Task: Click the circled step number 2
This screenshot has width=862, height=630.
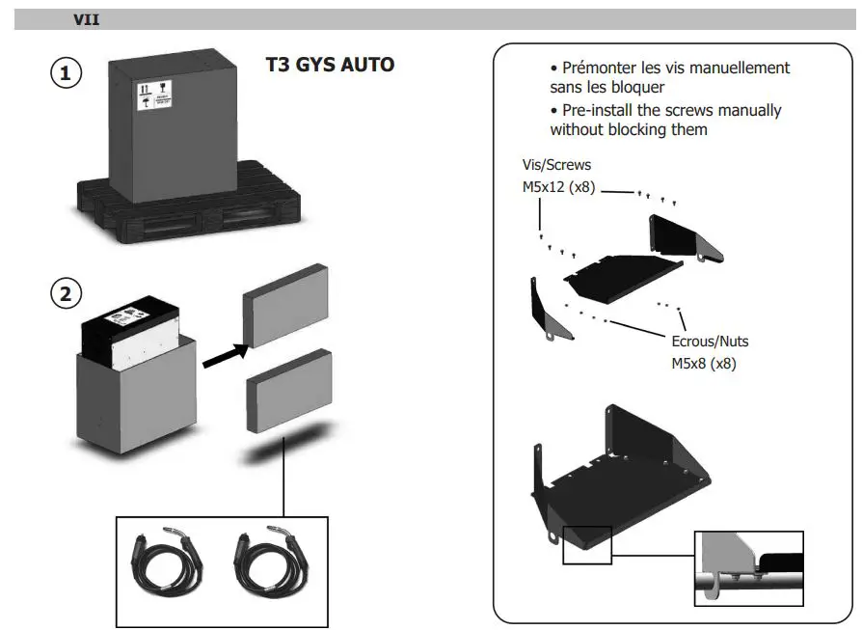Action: coord(66,294)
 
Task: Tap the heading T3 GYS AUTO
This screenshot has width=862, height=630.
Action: coord(330,66)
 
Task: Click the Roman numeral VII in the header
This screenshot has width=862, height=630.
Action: coord(87,19)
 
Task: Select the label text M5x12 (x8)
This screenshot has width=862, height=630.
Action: coord(558,187)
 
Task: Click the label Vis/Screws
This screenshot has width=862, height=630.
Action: coord(556,166)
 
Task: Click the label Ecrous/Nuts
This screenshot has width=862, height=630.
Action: coord(709,342)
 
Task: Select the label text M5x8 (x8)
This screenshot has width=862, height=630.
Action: coord(709,364)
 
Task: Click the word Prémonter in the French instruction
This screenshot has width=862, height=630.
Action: coord(604,68)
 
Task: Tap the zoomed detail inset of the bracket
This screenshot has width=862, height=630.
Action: coord(748,568)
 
